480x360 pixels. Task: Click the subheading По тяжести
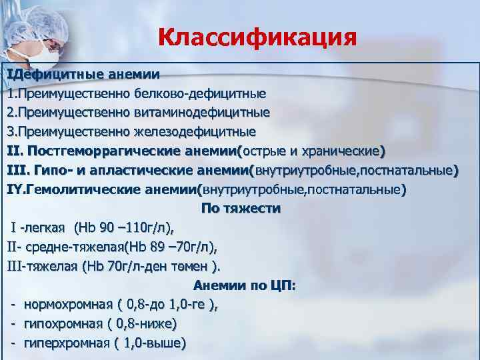(x=241, y=208)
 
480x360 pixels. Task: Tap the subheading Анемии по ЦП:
(x=245, y=286)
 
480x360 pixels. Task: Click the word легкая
(x=46, y=228)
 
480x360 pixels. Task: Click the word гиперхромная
(x=66, y=343)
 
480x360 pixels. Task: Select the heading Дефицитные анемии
(x=87, y=73)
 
